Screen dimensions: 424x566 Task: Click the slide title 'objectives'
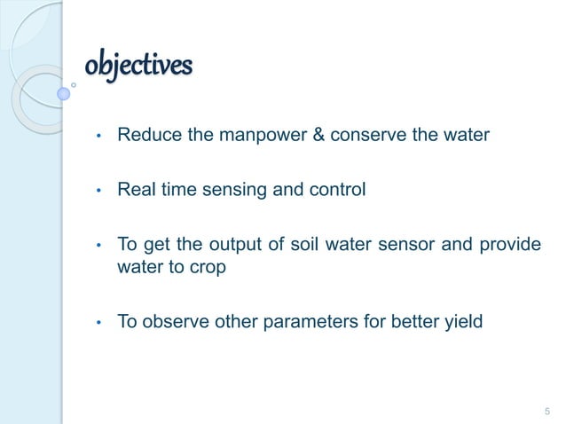[138, 67]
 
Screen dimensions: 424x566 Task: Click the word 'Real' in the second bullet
[136, 189]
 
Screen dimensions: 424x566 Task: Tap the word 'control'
[334, 189]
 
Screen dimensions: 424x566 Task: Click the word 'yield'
[464, 321]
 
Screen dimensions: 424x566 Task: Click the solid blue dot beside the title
[63, 92]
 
